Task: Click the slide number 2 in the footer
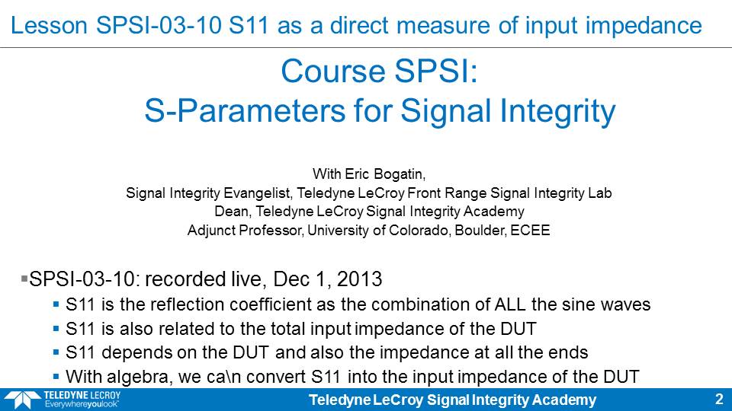point(719,399)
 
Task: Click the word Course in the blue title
point(333,72)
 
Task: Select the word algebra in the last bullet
point(132,377)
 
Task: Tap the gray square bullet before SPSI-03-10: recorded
point(24,279)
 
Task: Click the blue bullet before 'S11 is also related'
point(56,329)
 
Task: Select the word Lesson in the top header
point(49,25)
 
